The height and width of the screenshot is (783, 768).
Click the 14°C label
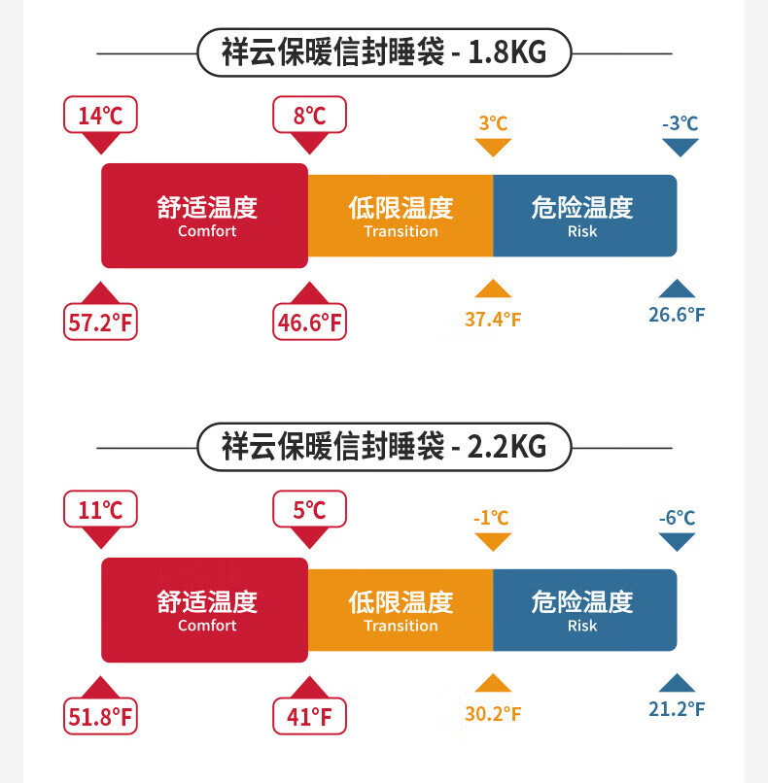click(x=100, y=116)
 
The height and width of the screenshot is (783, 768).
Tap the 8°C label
click(x=309, y=116)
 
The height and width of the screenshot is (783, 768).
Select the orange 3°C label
click(x=493, y=123)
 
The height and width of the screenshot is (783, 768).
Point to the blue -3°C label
click(x=680, y=123)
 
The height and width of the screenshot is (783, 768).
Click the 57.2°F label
click(x=100, y=323)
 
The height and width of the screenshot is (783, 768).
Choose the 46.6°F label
click(x=309, y=323)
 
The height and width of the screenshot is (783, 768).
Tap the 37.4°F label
click(x=493, y=319)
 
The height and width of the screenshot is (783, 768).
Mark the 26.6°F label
click(x=677, y=314)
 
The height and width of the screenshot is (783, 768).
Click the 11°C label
click(x=100, y=509)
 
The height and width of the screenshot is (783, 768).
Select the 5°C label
click(x=309, y=509)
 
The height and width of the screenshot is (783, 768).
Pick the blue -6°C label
click(x=677, y=518)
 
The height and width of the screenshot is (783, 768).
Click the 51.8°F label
click(x=100, y=717)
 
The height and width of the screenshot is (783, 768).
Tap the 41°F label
click(x=309, y=717)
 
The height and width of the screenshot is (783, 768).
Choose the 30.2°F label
click(x=493, y=713)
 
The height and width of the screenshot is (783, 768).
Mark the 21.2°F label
click(x=677, y=708)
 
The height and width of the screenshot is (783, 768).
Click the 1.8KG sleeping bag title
click(x=384, y=52)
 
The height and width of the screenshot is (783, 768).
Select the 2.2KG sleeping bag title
click(x=384, y=447)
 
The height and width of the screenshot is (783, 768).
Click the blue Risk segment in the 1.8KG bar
click(x=583, y=216)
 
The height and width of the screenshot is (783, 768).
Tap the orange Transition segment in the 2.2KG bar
click(x=401, y=610)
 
